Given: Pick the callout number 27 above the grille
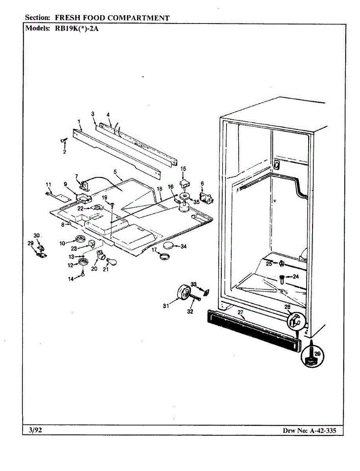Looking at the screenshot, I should (x=241, y=312).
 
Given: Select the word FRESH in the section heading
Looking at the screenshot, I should (x=67, y=18).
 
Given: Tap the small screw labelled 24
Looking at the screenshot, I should (x=282, y=279).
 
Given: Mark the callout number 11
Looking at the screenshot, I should (x=49, y=184).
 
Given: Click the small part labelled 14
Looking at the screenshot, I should (x=83, y=274).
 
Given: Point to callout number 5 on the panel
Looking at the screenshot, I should (x=115, y=172).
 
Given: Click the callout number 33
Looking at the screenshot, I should (x=194, y=284).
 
